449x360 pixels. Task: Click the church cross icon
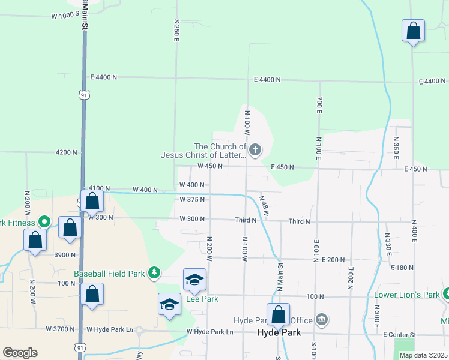point(255,150)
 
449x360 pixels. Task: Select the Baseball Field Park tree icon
point(154,274)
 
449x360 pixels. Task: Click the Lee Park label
point(202,299)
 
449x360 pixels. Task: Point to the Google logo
point(20,353)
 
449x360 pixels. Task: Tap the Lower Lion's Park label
point(406,295)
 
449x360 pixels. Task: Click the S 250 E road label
point(176,29)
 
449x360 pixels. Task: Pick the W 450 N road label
point(210,166)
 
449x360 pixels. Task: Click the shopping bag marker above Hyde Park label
point(279,314)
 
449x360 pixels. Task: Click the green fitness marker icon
point(43,222)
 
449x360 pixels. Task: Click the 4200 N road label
point(66,152)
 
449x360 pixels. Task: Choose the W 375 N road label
point(192,199)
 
